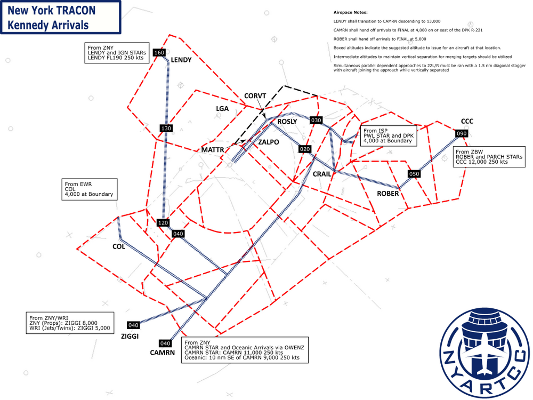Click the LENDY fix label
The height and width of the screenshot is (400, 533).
pyautogui.click(x=181, y=60)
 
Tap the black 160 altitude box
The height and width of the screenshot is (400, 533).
pyautogui.click(x=159, y=52)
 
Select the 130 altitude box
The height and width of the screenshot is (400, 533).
pyautogui.click(x=166, y=128)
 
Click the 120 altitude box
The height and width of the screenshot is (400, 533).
pyautogui.click(x=163, y=223)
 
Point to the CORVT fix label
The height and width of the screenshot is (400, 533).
pyautogui.click(x=255, y=96)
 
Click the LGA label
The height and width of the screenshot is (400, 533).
pyautogui.click(x=222, y=108)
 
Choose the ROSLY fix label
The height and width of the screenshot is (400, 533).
pyautogui.click(x=287, y=122)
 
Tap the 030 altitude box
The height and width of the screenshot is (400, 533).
pyautogui.click(x=316, y=120)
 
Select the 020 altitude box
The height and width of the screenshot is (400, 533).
pyautogui.click(x=305, y=149)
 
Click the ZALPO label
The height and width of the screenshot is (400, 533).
pyautogui.click(x=269, y=142)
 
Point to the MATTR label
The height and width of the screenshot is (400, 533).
pyautogui.click(x=213, y=150)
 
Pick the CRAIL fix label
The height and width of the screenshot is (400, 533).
pyautogui.click(x=322, y=174)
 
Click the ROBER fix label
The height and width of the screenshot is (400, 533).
pyautogui.click(x=388, y=194)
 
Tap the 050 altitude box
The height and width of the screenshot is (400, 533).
pyautogui.click(x=414, y=174)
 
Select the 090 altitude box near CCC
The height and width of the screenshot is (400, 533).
pyautogui.click(x=462, y=133)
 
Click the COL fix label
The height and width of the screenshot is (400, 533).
pyautogui.click(x=119, y=246)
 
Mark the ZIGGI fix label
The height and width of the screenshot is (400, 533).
pyautogui.click(x=130, y=336)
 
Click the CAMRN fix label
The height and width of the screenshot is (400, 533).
pyautogui.click(x=163, y=353)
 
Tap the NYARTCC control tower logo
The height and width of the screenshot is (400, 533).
pyautogui.click(x=486, y=353)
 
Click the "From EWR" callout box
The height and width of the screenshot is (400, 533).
pyautogui.click(x=90, y=189)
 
